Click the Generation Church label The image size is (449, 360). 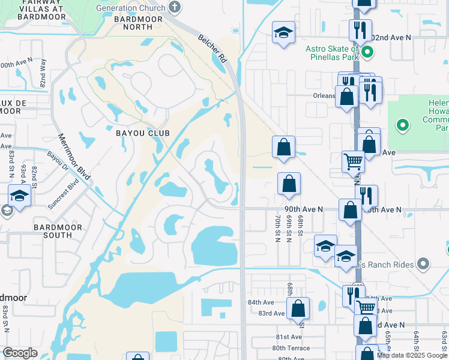(x=131, y=8)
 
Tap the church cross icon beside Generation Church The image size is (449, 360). (x=174, y=8)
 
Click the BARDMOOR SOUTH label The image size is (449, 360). (x=53, y=231)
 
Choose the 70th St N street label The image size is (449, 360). (x=277, y=228)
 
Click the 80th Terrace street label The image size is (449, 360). (x=291, y=347)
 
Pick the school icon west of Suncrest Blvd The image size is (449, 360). (x=19, y=197)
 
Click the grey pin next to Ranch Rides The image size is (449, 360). (x=424, y=263)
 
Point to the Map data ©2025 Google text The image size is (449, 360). (x=412, y=355)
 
